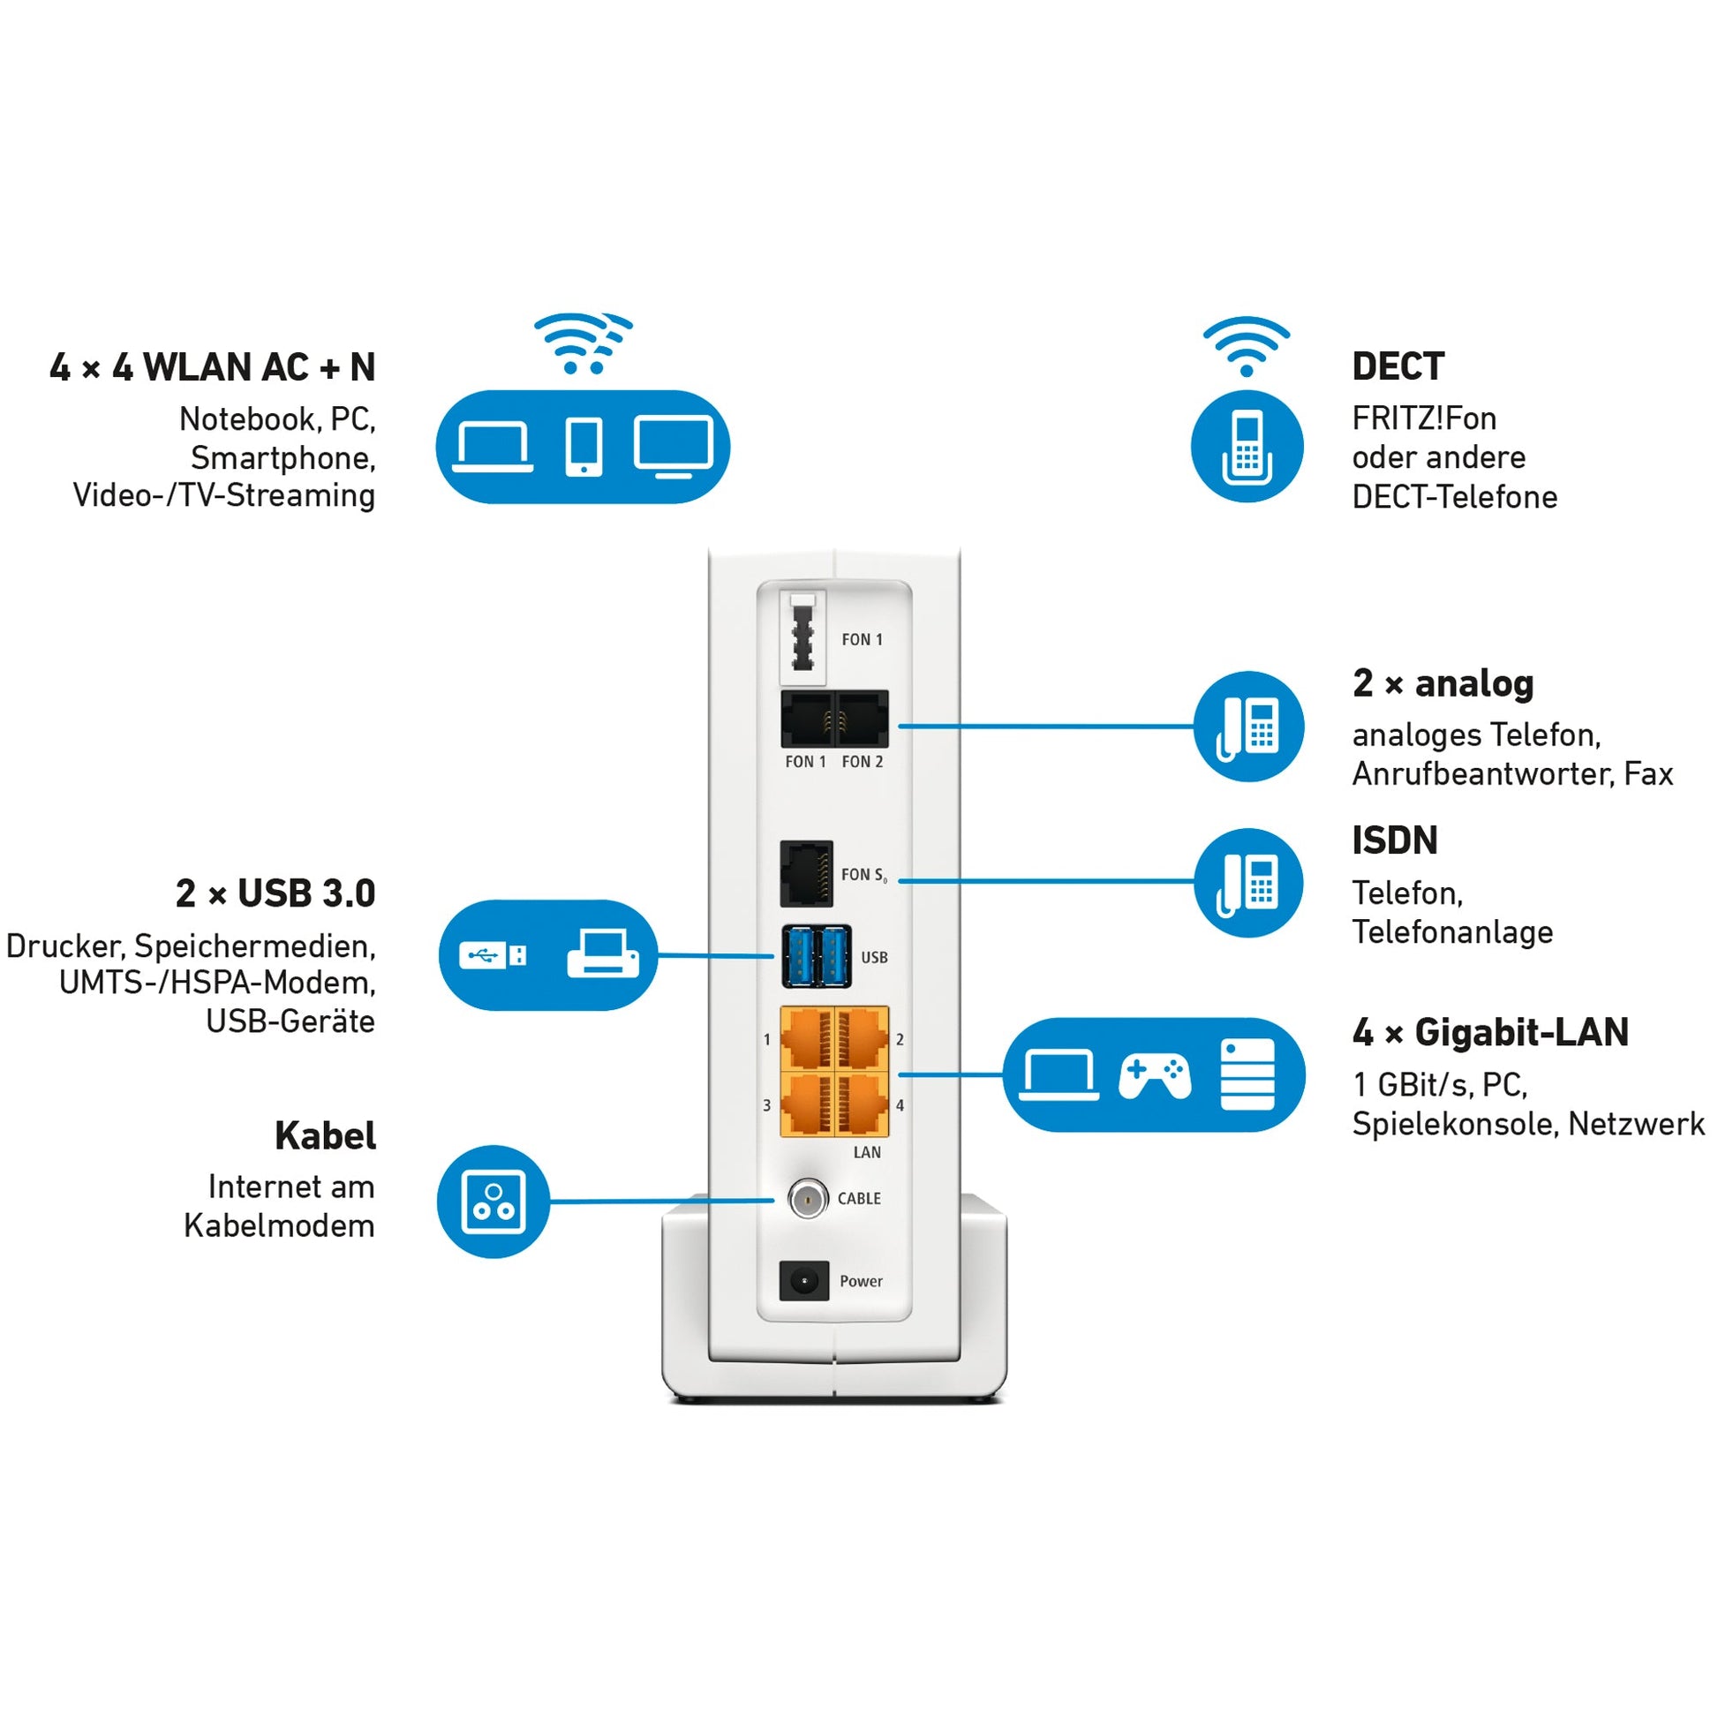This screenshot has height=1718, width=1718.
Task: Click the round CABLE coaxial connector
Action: tap(807, 1200)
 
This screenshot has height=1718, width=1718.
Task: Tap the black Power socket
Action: tap(804, 1281)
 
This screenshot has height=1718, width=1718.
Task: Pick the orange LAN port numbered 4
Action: tap(862, 1105)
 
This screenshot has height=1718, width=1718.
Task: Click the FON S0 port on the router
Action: tap(807, 874)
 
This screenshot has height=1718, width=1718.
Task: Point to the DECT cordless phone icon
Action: tap(1247, 448)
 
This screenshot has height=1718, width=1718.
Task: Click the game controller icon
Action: tap(1154, 1076)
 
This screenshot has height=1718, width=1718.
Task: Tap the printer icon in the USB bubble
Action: tap(603, 954)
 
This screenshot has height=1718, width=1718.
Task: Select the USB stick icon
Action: tap(493, 956)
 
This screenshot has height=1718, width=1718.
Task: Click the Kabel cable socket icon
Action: tap(494, 1202)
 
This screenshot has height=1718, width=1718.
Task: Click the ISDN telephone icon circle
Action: tap(1248, 883)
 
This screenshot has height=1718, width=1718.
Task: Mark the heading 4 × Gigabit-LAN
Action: tap(1490, 1032)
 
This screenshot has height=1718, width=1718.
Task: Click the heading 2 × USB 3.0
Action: tap(275, 893)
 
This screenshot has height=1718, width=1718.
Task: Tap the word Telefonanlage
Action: tap(1452, 932)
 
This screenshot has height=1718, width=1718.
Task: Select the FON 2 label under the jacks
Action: tap(862, 762)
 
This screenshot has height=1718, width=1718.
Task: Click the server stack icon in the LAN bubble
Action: tap(1247, 1075)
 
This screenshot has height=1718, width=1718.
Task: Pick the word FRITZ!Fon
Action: tap(1424, 418)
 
